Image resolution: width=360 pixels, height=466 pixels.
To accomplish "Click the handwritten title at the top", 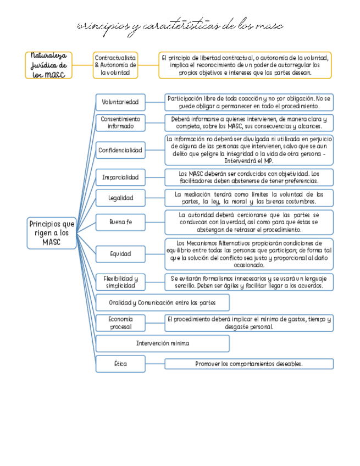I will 180,26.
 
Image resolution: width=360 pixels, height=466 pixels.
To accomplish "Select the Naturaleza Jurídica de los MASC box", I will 48,65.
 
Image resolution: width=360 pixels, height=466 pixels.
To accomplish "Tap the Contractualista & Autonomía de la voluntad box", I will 115,65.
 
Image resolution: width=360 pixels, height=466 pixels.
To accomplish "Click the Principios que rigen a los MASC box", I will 52,233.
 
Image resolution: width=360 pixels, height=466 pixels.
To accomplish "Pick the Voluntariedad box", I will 120,102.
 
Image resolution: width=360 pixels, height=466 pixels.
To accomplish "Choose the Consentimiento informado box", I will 120,123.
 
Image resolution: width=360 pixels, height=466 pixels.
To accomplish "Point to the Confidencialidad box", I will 120,150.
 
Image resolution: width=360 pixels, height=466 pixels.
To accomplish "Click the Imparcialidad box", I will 120,177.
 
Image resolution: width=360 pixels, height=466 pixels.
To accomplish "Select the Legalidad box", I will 120,197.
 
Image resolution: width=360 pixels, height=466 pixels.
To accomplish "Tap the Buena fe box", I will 120,222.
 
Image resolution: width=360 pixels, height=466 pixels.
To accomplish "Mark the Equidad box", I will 120,254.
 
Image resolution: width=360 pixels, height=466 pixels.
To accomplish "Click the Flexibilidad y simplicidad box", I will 120,282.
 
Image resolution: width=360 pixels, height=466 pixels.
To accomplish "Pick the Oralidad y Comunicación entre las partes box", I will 162,303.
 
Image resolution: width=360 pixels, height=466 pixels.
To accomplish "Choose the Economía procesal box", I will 120,323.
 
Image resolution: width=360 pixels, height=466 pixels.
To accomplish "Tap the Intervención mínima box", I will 162,343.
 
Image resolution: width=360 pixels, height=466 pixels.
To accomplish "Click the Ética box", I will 120,364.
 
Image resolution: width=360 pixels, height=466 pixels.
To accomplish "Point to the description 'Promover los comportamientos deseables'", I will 249,364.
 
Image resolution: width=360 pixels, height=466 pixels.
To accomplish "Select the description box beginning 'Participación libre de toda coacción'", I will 249,102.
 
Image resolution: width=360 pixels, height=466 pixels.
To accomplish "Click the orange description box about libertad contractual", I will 245,65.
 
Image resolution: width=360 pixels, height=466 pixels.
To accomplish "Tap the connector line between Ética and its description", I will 155,364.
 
